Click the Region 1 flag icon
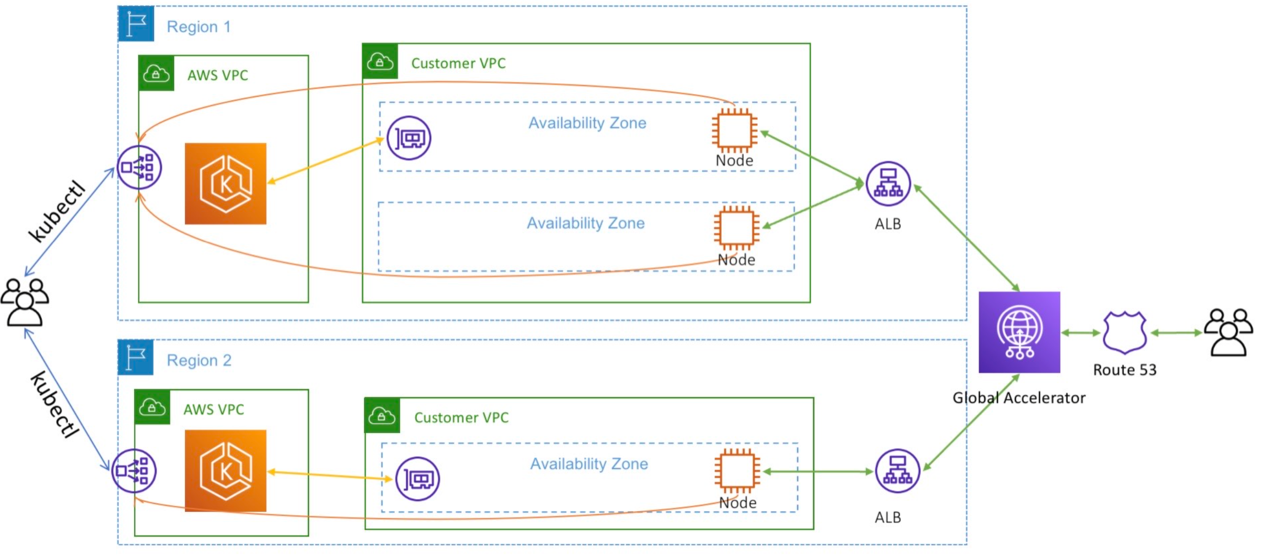click(136, 24)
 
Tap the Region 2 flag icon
click(136, 357)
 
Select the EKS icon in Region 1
click(225, 184)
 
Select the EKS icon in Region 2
click(225, 470)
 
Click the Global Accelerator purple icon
click(1019, 332)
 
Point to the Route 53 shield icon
click(1125, 333)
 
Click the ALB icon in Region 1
click(888, 184)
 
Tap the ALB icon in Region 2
click(897, 471)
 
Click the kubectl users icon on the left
click(25, 302)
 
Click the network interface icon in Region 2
click(417, 479)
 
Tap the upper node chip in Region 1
click(734, 130)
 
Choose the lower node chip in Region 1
click(736, 228)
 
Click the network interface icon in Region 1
click(409, 138)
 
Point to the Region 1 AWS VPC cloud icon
click(156, 73)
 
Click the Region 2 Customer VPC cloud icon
click(382, 415)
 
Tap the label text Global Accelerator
click(1019, 398)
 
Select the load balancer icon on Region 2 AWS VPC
click(134, 471)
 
